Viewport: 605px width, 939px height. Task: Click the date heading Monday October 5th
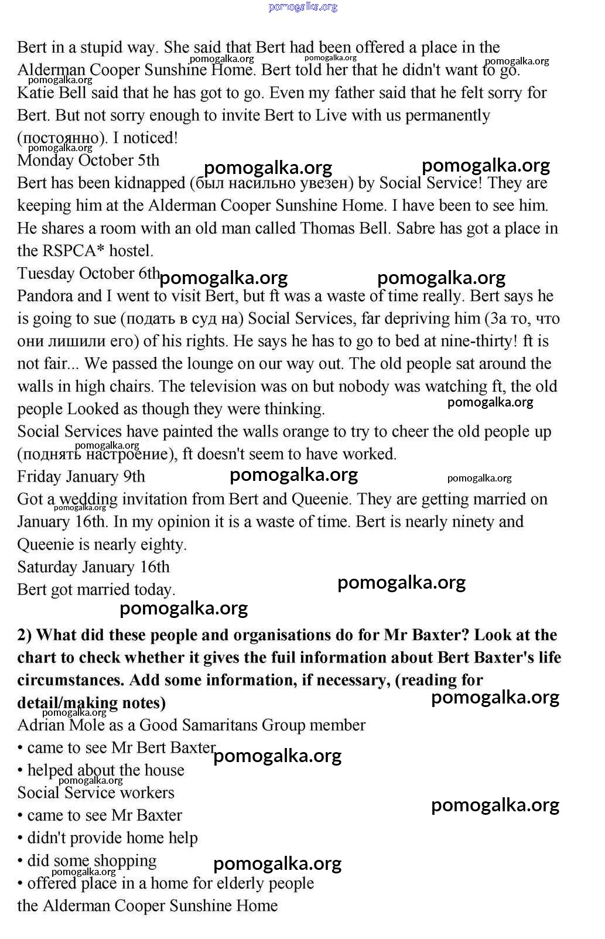click(88, 161)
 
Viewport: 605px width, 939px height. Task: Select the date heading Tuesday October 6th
click(88, 274)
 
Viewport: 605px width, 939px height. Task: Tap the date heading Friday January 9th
click(81, 477)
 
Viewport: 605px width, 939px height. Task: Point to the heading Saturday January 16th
click(93, 567)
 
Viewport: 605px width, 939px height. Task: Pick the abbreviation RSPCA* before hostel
click(73, 251)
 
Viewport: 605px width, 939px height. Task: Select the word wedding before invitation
click(88, 500)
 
